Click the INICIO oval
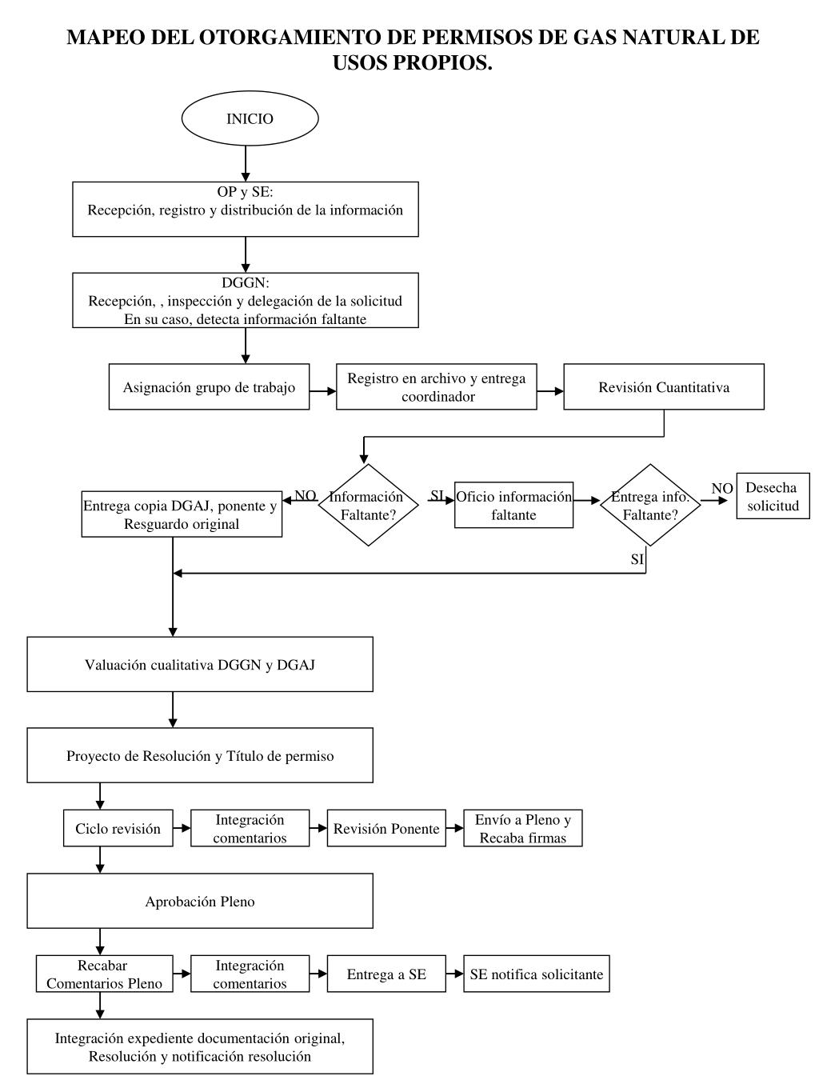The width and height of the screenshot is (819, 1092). pos(250,118)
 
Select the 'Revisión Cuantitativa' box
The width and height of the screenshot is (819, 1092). pos(663,386)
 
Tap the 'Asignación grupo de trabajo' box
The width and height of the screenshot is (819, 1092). pos(209,386)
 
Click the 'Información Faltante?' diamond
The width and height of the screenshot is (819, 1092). pos(368,505)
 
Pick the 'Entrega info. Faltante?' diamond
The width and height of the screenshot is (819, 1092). pos(650,505)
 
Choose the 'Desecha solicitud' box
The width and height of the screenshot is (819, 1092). pos(773,496)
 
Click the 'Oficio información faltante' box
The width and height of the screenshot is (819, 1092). pos(513,505)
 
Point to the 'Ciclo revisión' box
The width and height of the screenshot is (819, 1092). pos(118,828)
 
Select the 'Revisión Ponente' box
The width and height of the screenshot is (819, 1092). pos(386,828)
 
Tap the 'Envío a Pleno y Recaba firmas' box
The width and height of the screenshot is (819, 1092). pos(522,828)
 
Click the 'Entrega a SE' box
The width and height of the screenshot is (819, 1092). pos(386,974)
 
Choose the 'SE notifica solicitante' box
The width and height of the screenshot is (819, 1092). pos(537,974)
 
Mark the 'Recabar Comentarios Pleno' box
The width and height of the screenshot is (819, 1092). pos(105,974)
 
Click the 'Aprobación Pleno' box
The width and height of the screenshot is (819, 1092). pos(200,901)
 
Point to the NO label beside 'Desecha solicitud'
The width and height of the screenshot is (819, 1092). pos(722,489)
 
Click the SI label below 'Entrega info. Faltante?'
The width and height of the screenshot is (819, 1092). pos(637,559)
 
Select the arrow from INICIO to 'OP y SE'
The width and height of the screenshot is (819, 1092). pos(246,164)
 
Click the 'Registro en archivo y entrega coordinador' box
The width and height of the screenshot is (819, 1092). pos(436,386)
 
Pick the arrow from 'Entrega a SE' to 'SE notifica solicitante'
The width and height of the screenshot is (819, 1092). pos(454,974)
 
